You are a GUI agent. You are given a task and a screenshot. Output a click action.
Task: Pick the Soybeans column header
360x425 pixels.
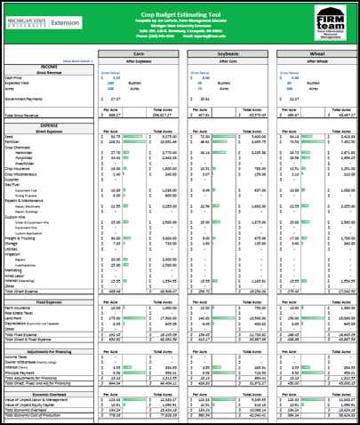[x=225, y=53]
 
